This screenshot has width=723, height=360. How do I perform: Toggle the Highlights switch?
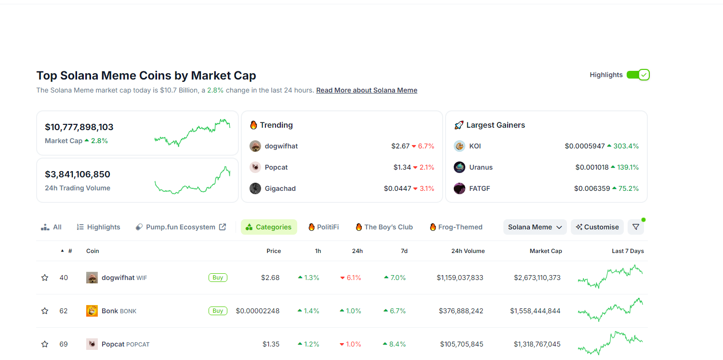pos(638,75)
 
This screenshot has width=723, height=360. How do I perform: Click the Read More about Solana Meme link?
pos(367,90)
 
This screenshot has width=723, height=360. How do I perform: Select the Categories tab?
pos(269,227)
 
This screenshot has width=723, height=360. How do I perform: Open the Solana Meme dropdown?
pos(535,227)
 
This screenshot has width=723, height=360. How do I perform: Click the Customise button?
pos(597,227)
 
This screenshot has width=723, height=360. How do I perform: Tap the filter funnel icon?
pos(635,227)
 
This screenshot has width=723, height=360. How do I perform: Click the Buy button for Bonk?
pos(218,311)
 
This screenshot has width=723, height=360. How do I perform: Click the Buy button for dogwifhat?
pos(218,278)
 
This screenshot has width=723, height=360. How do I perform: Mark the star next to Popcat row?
pos(45,344)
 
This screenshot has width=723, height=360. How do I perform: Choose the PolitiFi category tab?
pos(323,227)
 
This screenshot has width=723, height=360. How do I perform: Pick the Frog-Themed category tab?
pos(456,227)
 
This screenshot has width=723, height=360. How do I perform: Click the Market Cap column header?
pos(545,251)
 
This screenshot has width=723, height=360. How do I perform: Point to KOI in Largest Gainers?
pos(474,146)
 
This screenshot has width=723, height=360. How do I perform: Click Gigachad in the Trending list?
pos(280,188)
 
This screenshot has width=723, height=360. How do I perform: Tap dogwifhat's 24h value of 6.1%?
pos(351,278)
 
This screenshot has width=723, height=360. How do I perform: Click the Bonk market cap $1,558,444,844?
pos(535,311)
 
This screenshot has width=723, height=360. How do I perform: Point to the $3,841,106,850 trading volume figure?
pos(78,174)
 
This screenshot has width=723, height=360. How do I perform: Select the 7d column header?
pos(404,251)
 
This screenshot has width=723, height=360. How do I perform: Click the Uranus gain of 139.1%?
pos(625,167)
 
